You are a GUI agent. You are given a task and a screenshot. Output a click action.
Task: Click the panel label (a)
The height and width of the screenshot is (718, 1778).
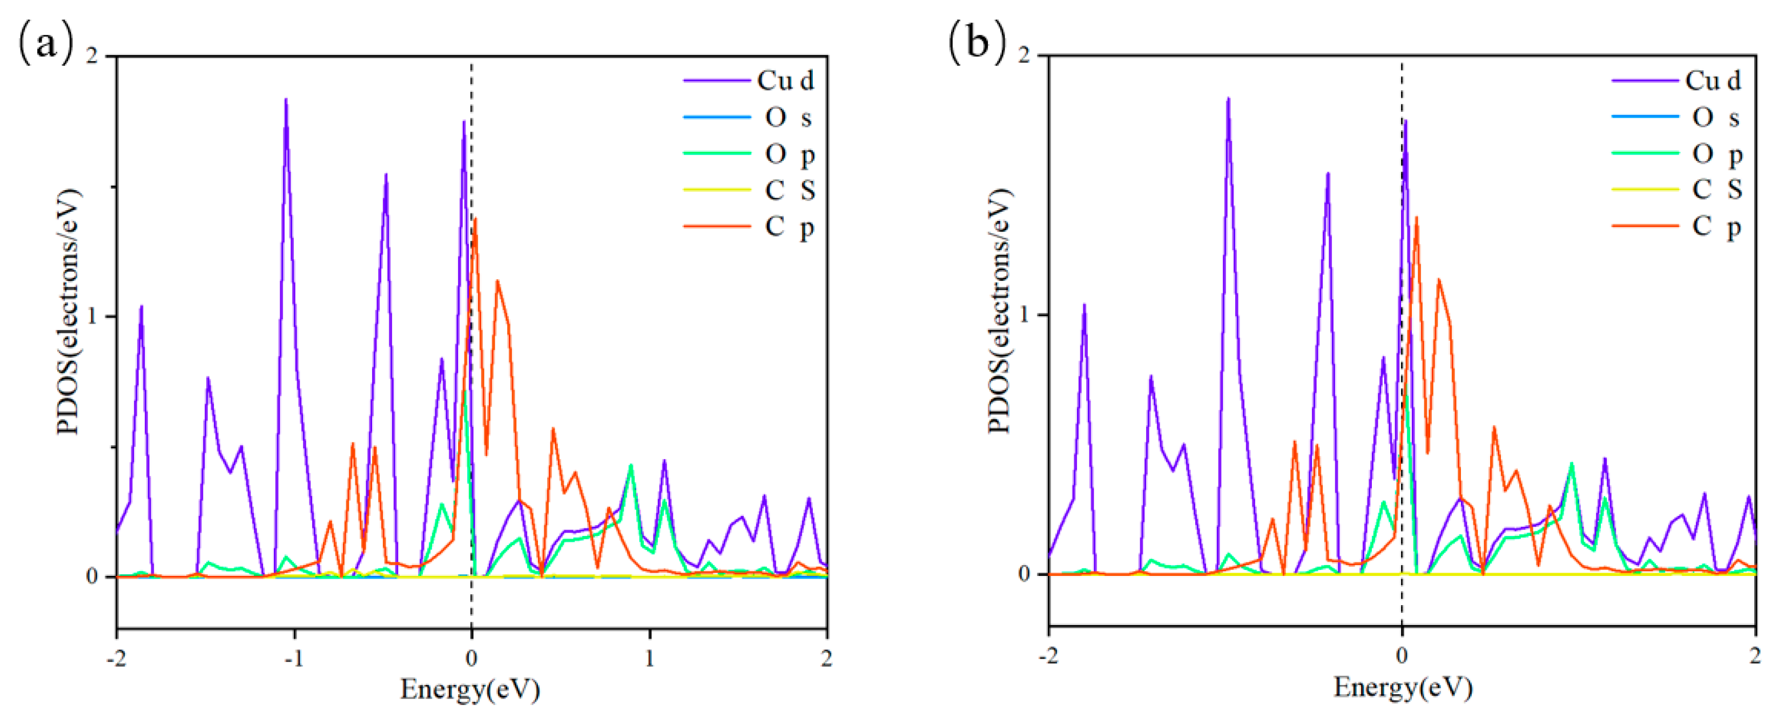[45, 43]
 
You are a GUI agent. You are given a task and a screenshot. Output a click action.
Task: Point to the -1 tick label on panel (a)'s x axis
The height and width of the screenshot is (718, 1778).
[293, 659]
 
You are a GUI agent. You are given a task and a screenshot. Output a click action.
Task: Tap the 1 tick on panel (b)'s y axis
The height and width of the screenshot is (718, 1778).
[1023, 315]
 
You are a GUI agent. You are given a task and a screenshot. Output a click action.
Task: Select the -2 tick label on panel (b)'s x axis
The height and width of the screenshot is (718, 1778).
[1048, 655]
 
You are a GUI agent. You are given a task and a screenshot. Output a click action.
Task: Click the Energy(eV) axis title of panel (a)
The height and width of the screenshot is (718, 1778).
[470, 689]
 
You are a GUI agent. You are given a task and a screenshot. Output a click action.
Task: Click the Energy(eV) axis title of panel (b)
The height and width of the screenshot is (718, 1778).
[1403, 687]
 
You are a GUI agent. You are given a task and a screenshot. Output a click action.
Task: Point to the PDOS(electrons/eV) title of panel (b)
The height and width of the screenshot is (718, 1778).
[999, 311]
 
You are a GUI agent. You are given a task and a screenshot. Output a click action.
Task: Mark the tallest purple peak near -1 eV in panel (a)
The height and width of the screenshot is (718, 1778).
[285, 100]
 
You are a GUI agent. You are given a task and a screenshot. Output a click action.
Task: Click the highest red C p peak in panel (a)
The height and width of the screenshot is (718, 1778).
[475, 219]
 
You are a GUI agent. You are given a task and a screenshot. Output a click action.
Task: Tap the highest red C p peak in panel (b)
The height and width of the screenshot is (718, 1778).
[1416, 218]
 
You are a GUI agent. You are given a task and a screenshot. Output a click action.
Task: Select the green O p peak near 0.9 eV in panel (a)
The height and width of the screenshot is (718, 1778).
[630, 466]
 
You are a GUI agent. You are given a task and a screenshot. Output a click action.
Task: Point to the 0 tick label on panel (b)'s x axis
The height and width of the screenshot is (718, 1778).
[1401, 655]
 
